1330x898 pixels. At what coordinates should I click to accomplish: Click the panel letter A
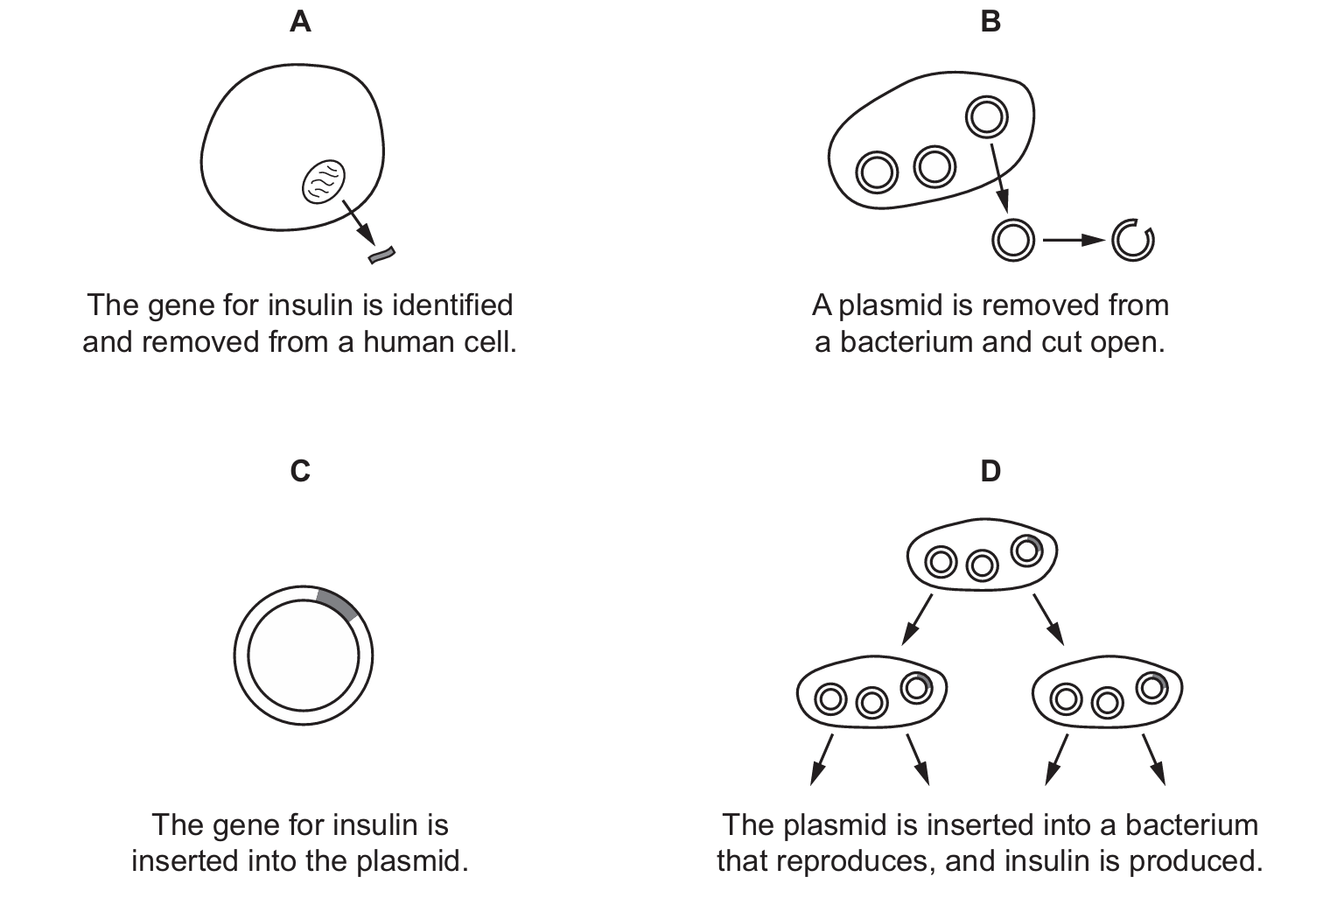coord(300,22)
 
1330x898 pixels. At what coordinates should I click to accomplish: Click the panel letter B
coord(990,22)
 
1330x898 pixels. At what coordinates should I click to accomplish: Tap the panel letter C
coord(300,471)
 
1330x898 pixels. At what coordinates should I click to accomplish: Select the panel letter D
coord(990,471)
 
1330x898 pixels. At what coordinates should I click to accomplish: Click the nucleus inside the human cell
coord(323,182)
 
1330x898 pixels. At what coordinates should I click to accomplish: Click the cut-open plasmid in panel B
coord(1133,240)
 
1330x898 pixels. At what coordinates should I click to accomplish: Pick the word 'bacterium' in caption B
coord(906,341)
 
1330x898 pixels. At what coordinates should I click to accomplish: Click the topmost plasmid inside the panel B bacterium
coord(986,116)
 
